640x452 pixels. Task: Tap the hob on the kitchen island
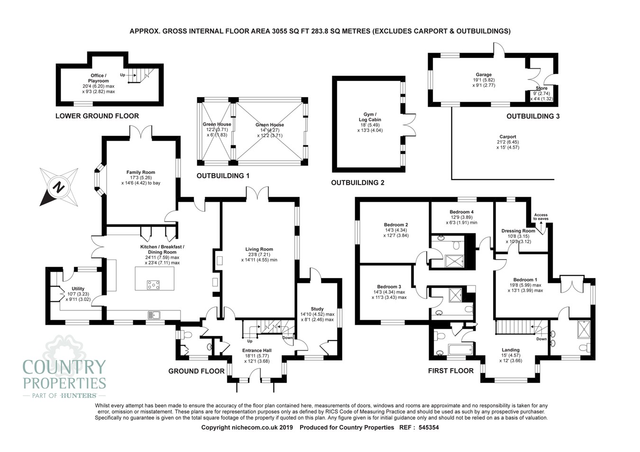153,285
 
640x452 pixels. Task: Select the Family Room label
140,172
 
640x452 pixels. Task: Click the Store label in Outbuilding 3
541,89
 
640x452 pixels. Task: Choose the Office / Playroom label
99,78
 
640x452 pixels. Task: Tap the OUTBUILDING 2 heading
357,182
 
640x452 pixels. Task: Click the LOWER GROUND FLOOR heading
97,116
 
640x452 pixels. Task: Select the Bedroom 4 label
461,212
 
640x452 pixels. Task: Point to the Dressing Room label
518,231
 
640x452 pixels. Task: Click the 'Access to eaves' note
540,217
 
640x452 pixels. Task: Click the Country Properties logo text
64,374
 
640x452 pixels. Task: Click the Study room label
317,309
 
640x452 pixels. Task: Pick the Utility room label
78,289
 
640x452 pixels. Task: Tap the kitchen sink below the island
154,314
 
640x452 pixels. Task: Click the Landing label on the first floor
511,350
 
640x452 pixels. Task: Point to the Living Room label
259,249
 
